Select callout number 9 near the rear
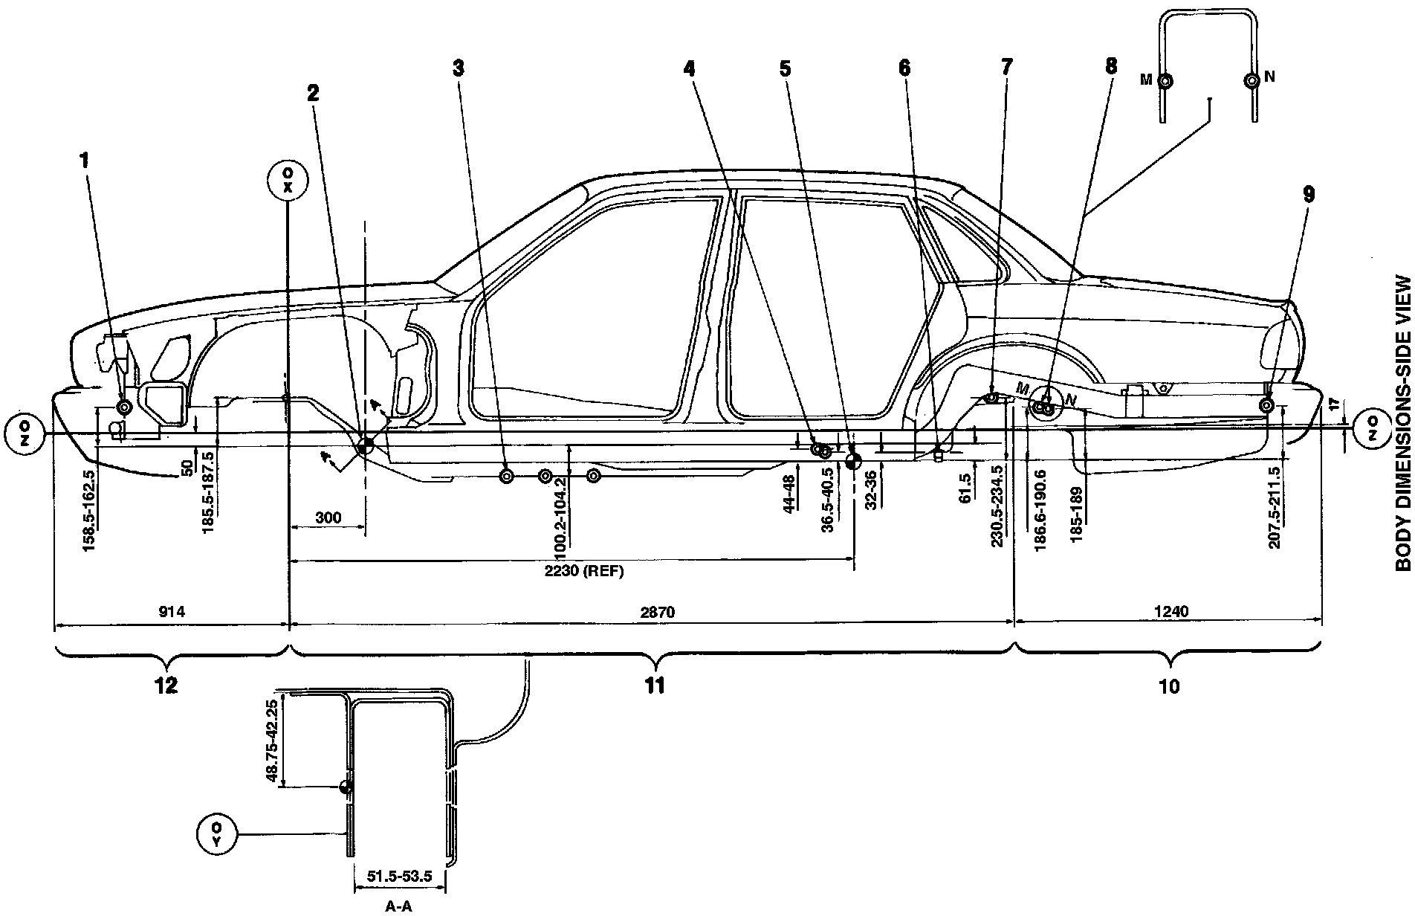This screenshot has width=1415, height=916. pos(1309,194)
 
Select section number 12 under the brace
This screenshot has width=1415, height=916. pos(166,686)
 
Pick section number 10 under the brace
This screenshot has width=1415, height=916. pos(1169,686)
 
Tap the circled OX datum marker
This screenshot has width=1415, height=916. pos(288,179)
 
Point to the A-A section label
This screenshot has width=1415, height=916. pos(399,906)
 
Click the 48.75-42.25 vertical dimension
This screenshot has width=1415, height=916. pos(272,741)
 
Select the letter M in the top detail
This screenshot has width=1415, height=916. pos(1146,80)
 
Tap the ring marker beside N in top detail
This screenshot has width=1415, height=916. pos(1252,80)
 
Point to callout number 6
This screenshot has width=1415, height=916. pos(904,68)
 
